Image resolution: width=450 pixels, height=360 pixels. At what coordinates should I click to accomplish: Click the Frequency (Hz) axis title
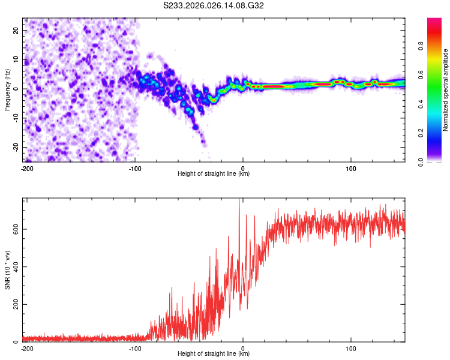click(x=7, y=89)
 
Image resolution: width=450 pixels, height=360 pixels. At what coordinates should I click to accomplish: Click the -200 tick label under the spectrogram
click(x=26, y=168)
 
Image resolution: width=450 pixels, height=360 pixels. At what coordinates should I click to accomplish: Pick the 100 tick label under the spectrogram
click(x=350, y=168)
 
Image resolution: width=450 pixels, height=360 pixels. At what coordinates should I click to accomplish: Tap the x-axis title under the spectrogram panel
click(x=214, y=174)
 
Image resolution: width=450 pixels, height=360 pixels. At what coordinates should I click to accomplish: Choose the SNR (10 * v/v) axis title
click(x=7, y=269)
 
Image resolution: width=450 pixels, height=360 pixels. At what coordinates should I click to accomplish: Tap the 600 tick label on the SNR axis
click(x=14, y=229)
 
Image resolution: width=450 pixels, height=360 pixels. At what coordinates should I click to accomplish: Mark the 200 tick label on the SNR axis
click(x=14, y=305)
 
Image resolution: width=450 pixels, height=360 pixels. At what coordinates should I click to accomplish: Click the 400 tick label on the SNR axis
click(x=14, y=267)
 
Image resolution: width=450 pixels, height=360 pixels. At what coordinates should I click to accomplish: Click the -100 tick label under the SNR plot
click(x=134, y=348)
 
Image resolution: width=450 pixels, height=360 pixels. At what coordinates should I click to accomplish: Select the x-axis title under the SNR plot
click(x=214, y=354)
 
